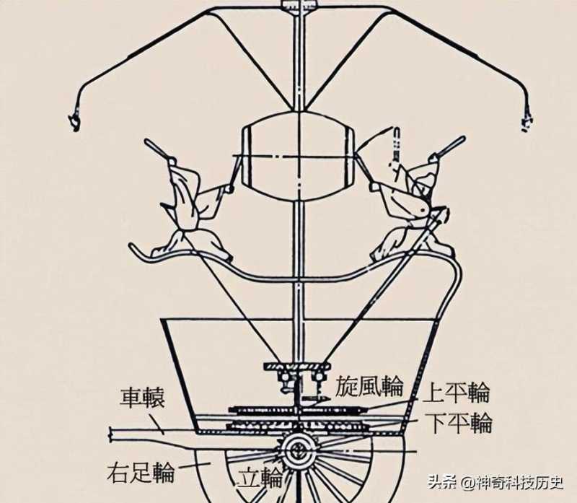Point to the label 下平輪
pyautogui.click(x=459, y=424)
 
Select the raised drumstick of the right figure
pyautogui.click(x=397, y=144)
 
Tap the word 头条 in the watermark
pyautogui.click(x=445, y=481)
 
